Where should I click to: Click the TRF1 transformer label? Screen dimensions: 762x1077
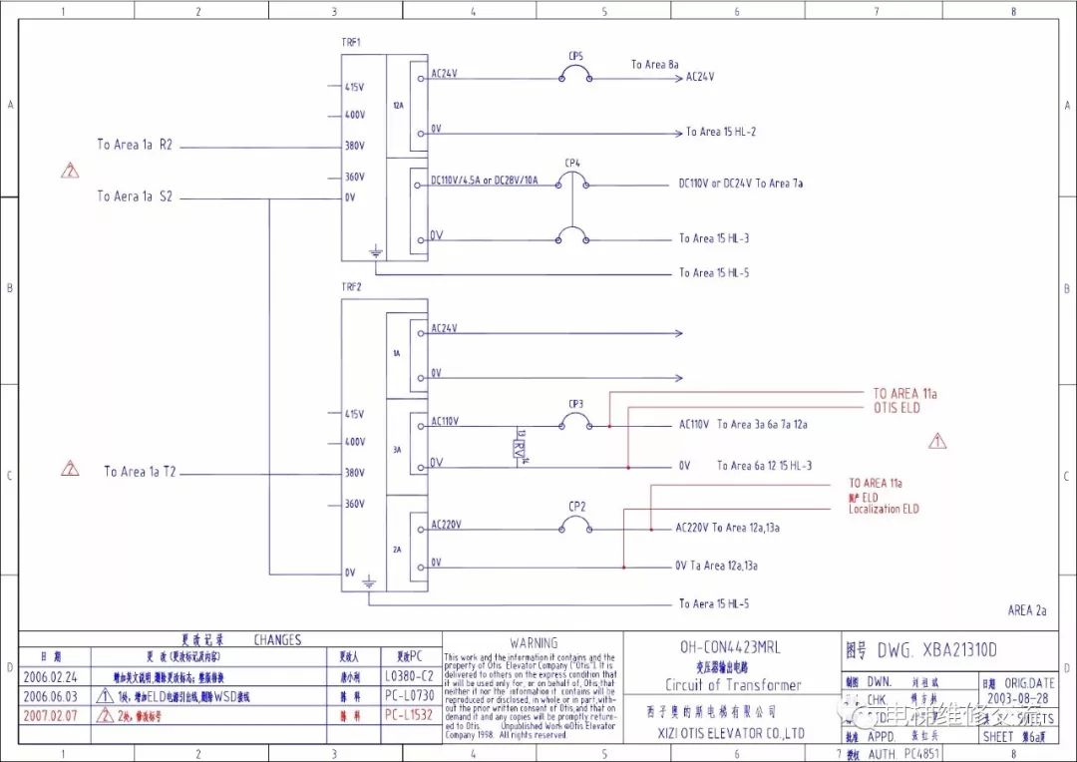(x=351, y=43)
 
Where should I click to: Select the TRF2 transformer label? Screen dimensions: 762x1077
(x=351, y=286)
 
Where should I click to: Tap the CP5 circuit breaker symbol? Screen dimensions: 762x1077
(x=575, y=74)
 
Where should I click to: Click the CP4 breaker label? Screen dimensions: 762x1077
(x=572, y=163)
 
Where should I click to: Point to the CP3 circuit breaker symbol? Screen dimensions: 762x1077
(x=575, y=424)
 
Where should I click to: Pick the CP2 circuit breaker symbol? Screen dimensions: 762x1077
(x=576, y=526)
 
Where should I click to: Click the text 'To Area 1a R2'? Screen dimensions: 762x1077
(x=135, y=145)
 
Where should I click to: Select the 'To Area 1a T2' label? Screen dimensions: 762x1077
(x=140, y=472)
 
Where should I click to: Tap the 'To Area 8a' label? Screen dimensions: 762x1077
(x=655, y=65)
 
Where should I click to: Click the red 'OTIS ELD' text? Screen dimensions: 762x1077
(x=897, y=408)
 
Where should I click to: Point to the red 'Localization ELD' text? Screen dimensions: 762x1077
(x=884, y=510)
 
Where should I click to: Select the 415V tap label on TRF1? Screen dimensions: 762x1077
(x=355, y=88)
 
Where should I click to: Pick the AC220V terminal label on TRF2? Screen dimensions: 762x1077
(x=446, y=525)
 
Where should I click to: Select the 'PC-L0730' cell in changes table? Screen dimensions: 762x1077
(x=410, y=695)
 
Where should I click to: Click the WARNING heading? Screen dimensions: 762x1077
(x=534, y=643)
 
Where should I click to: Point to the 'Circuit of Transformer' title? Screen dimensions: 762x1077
(x=733, y=685)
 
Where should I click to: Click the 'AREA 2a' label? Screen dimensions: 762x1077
(x=1026, y=610)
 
